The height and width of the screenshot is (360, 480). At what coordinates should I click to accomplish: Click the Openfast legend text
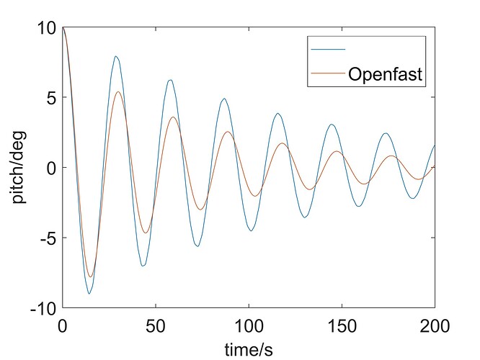coord(385,73)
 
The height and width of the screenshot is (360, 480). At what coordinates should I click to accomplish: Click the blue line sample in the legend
coord(328,49)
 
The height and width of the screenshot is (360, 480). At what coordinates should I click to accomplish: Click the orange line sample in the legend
coord(328,73)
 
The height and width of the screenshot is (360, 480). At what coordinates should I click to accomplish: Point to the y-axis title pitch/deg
coord(21,168)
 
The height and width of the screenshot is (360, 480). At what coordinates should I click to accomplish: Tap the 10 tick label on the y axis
coord(46,28)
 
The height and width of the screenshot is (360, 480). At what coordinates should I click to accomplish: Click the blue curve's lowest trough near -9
coord(89,294)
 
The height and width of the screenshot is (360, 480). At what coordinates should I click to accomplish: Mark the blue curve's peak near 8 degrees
coord(115,56)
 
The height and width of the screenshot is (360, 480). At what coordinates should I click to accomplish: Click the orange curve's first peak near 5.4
coord(117,92)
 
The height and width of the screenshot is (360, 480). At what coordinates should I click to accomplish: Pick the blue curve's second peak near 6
coord(170,80)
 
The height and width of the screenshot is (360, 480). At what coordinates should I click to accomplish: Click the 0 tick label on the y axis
coord(50,168)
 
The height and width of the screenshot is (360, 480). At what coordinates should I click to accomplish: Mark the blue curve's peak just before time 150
coord(332,125)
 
